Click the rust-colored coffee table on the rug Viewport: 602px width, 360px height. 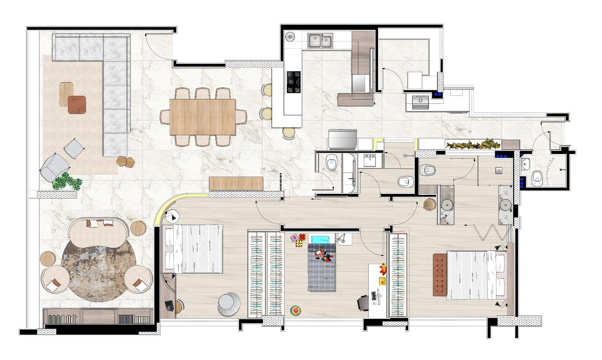77,105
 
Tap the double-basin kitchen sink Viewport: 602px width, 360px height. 320,41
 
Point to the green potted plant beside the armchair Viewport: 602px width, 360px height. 67,181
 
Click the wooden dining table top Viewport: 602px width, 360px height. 203,117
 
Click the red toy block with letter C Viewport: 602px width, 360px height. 302,237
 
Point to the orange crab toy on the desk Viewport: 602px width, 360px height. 383,268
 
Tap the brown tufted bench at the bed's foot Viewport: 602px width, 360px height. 440,275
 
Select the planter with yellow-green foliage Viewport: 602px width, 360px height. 473,145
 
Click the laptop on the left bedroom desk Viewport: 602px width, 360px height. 169,306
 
